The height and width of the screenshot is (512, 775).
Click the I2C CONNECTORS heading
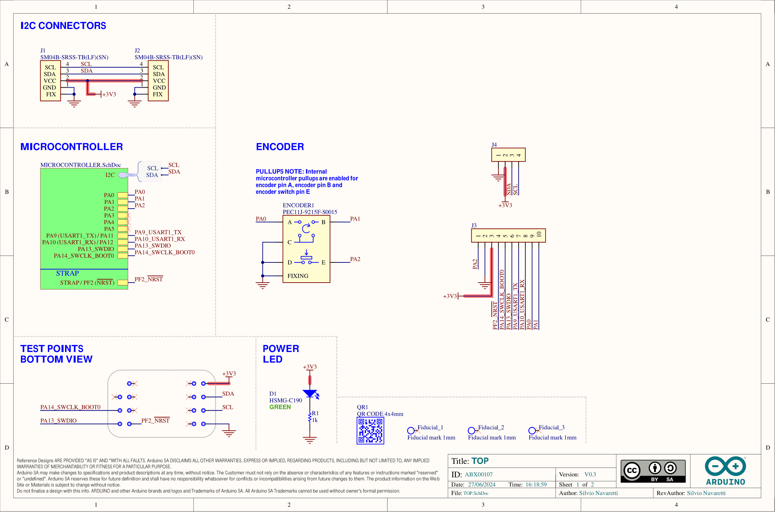[63, 26]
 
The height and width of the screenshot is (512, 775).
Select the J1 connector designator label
[43, 51]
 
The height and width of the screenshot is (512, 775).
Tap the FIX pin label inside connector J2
[157, 94]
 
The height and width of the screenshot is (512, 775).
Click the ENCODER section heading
[280, 147]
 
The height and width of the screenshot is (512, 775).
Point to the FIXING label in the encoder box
[298, 276]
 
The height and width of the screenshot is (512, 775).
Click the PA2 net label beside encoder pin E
[355, 259]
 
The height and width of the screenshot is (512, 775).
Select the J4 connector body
[508, 155]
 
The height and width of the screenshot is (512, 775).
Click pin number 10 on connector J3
[539, 234]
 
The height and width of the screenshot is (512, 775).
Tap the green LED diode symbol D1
[310, 393]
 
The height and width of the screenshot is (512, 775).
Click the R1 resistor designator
[315, 413]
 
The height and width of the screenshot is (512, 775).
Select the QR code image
[370, 430]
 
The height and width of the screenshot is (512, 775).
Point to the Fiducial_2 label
[491, 427]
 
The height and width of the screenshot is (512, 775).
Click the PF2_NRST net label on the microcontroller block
[149, 279]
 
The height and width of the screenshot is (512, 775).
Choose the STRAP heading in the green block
[67, 273]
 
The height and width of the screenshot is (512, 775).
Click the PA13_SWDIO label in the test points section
[58, 421]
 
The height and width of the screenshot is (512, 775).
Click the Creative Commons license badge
[653, 471]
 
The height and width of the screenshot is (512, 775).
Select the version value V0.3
[590, 474]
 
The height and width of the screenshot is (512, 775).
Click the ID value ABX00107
[478, 474]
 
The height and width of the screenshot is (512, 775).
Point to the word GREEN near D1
[280, 407]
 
